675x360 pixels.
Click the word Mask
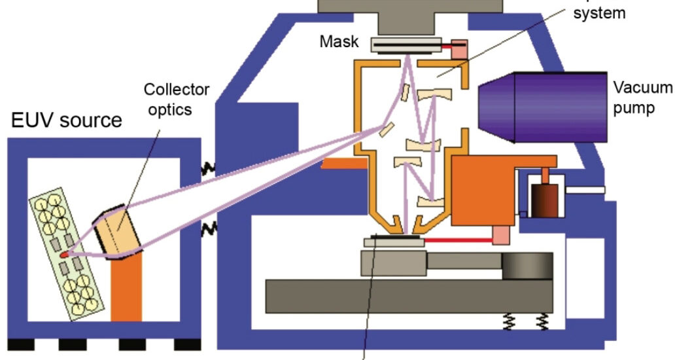[339, 42]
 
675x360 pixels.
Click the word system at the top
[598, 13]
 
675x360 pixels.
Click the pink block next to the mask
[460, 49]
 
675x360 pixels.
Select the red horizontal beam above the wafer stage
[458, 241]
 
